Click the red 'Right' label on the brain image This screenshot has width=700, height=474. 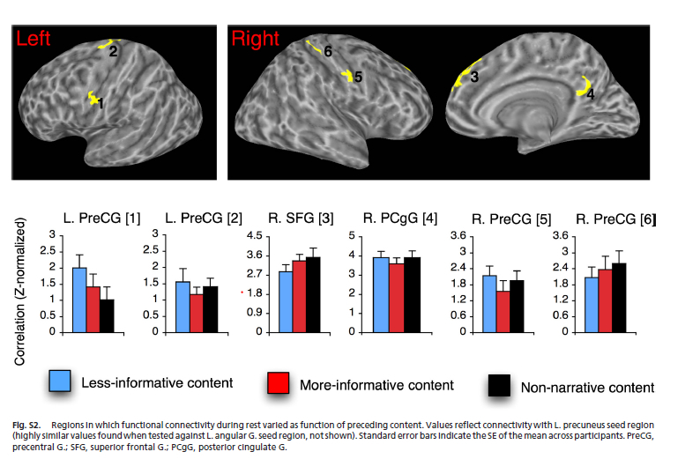point(254,39)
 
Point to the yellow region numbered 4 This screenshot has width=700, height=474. point(584,85)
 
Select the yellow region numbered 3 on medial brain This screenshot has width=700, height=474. point(460,78)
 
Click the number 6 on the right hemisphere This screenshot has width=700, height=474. point(327,52)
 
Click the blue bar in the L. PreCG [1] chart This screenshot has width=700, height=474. point(78,300)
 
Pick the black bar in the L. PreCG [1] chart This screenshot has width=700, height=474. point(107,315)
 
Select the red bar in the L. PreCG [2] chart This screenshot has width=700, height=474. point(196,313)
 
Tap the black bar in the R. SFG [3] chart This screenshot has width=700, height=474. point(313,295)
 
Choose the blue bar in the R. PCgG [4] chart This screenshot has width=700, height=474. point(381,294)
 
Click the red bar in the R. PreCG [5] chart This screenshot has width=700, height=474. point(503,311)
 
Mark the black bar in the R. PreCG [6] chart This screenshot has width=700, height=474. point(619,298)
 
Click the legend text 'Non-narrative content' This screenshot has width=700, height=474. point(586,387)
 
